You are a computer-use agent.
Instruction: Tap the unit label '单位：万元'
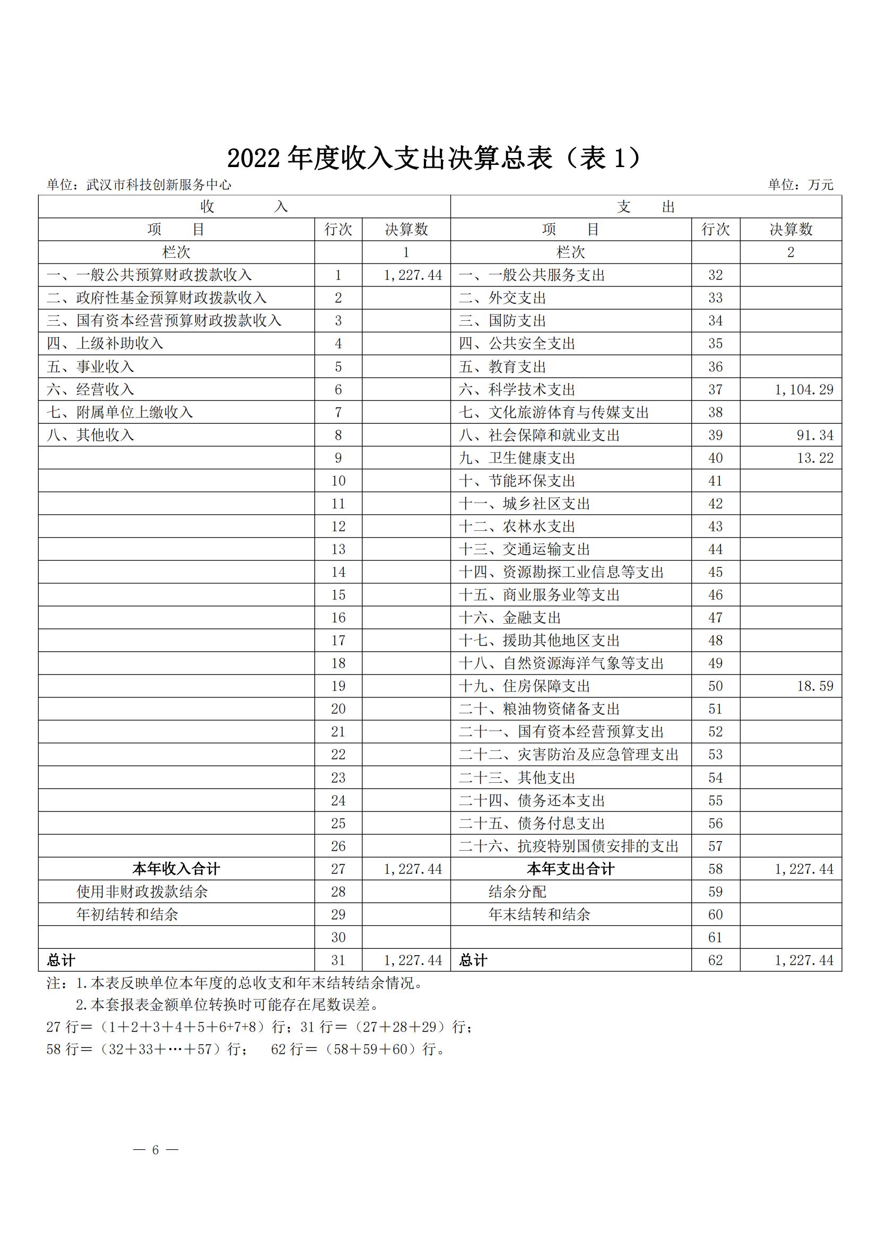801,185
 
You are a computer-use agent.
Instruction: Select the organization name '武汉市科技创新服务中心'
159,185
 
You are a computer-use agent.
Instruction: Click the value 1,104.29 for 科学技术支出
804,390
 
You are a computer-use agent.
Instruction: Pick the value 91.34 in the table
815,435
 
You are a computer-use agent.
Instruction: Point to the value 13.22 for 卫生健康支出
815,458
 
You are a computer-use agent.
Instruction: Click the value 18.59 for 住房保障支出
815,686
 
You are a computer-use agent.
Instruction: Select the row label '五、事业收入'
90,367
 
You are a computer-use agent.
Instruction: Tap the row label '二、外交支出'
502,298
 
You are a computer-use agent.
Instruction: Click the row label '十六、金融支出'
510,618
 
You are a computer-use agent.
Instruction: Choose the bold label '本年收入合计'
176,869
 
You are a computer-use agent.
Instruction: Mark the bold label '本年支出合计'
570,869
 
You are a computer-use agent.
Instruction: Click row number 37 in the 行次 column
715,390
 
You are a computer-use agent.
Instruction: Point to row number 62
715,960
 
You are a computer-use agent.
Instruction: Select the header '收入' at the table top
244,206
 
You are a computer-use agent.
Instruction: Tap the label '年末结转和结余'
539,914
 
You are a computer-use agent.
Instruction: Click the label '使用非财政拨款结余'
142,892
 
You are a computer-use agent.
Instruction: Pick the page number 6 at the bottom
155,1150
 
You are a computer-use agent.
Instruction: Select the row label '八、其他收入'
90,435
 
